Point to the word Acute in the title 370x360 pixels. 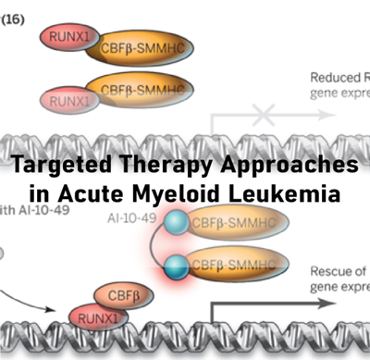[118, 195]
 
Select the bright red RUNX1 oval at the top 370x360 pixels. [68, 38]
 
